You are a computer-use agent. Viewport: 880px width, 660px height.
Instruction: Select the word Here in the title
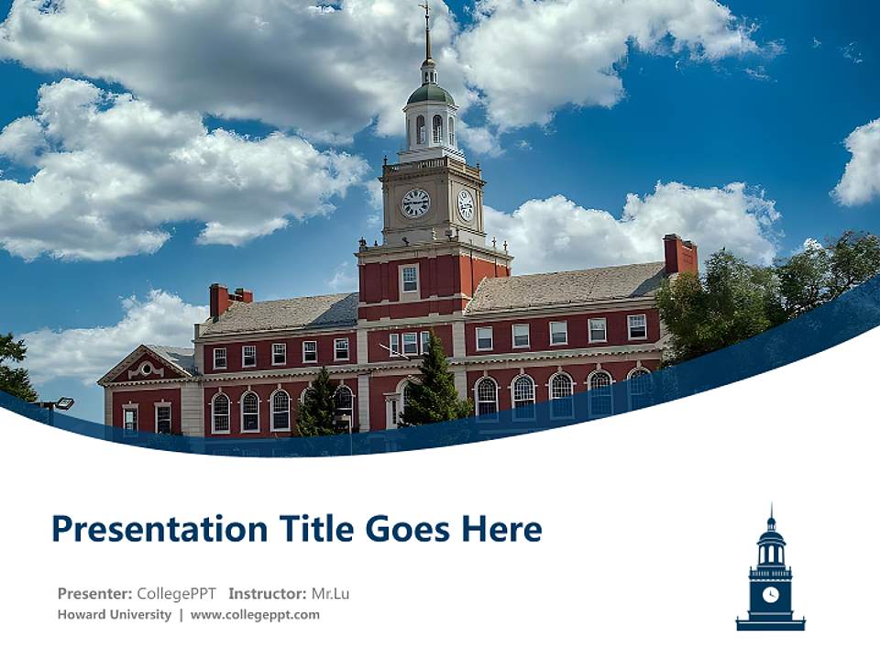pyautogui.click(x=500, y=529)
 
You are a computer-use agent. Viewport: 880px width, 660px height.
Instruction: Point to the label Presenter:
pyautogui.click(x=95, y=594)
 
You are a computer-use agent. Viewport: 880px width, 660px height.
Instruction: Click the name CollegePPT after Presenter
pyautogui.click(x=178, y=594)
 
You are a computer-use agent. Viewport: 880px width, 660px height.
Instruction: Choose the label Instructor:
pyautogui.click(x=267, y=594)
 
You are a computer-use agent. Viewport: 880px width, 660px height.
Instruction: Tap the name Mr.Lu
pyautogui.click(x=330, y=594)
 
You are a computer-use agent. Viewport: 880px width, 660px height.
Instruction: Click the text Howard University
pyautogui.click(x=114, y=615)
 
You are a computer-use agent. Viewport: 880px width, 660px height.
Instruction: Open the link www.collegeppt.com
pyautogui.click(x=255, y=615)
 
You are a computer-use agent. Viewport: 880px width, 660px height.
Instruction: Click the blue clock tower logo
pyautogui.click(x=770, y=573)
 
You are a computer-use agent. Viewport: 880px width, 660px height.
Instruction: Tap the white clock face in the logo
pyautogui.click(x=770, y=594)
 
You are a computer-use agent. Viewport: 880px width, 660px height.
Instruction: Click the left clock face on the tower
pyautogui.click(x=415, y=203)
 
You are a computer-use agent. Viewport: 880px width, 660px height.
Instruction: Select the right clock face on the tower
pyautogui.click(x=466, y=204)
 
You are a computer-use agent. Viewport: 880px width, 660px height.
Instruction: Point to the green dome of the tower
pyautogui.click(x=430, y=93)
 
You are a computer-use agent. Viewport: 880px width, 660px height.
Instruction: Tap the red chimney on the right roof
pyautogui.click(x=680, y=254)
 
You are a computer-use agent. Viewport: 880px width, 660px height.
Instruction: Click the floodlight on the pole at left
pyautogui.click(x=63, y=402)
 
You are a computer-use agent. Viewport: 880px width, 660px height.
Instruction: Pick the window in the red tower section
pyautogui.click(x=409, y=278)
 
